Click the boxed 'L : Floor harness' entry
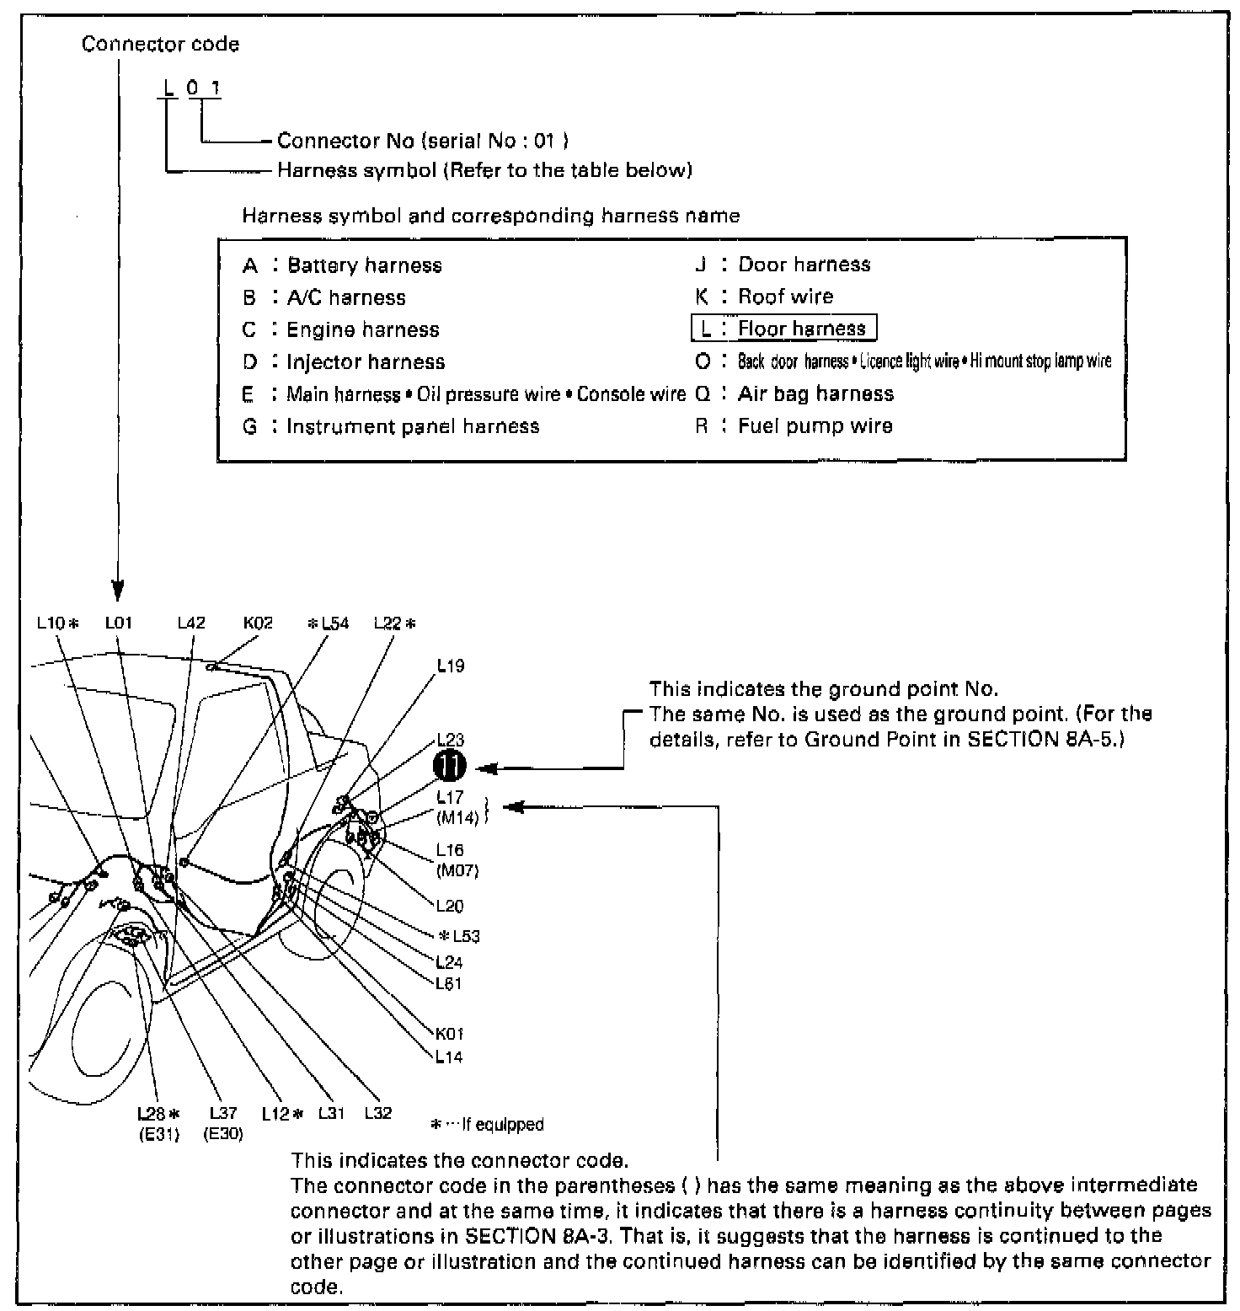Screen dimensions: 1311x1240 [x=784, y=329]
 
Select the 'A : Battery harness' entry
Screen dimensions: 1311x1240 [x=342, y=266]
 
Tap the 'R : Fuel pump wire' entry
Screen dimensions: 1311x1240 [x=794, y=426]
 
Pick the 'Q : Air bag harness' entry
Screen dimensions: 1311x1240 [x=794, y=394]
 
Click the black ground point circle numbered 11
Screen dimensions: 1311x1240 [x=449, y=768]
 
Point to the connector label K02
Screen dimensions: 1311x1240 [x=258, y=623]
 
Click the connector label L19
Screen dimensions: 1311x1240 [x=451, y=666]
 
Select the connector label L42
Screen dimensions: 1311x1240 [x=191, y=623]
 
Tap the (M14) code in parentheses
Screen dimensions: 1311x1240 [x=457, y=817]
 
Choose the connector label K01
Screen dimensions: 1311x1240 [x=450, y=1034]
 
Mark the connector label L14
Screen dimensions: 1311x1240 [x=450, y=1057]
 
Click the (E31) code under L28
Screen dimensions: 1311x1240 [x=159, y=1134]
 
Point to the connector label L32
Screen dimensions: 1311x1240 [x=378, y=1113]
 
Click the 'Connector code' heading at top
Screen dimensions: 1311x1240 [x=160, y=45]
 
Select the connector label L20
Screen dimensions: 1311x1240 [x=450, y=907]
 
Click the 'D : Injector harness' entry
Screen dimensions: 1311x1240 [x=344, y=362]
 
